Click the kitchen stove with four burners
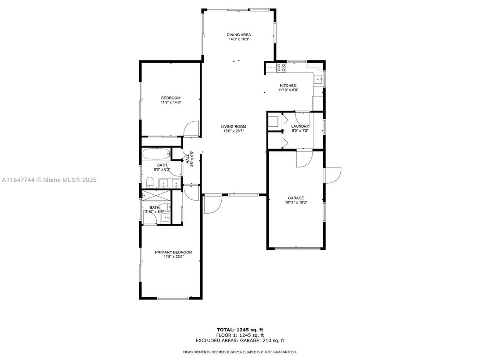coord(282,68)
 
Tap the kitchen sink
coord(319,80)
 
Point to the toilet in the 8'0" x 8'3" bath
coord(150,182)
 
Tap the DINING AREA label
coord(239,34)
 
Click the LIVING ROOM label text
coord(234,127)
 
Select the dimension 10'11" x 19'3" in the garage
coord(296,202)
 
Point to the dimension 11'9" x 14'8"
coord(171,103)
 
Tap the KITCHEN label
coord(288,86)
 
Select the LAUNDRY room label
coord(300,126)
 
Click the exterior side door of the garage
coord(333,175)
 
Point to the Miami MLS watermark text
coord(49,180)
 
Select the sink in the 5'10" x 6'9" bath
coord(165,218)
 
